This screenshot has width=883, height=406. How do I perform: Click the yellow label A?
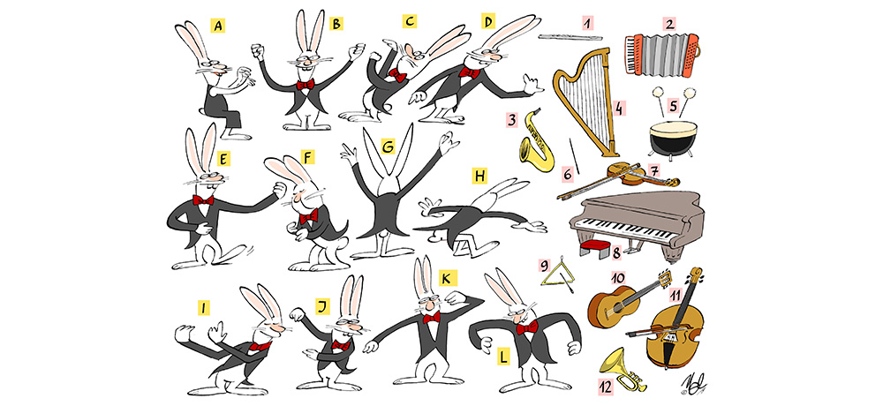coord(218,26)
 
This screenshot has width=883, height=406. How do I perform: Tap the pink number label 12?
coord(604,387)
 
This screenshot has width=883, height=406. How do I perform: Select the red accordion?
coord(662,54)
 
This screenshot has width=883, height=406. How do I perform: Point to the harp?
coord(586,101)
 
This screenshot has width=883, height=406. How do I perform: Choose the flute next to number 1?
coord(570,37)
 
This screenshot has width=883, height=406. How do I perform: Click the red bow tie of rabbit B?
coord(306,85)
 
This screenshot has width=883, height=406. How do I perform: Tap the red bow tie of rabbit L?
coord(526,327)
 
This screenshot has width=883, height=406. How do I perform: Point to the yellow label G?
coord(388,147)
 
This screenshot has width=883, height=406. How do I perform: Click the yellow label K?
coord(448,278)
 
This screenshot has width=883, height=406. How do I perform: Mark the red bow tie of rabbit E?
coord(203,199)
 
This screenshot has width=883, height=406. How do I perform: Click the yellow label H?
coord(479,177)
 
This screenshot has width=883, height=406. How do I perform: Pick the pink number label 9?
coord(544,265)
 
